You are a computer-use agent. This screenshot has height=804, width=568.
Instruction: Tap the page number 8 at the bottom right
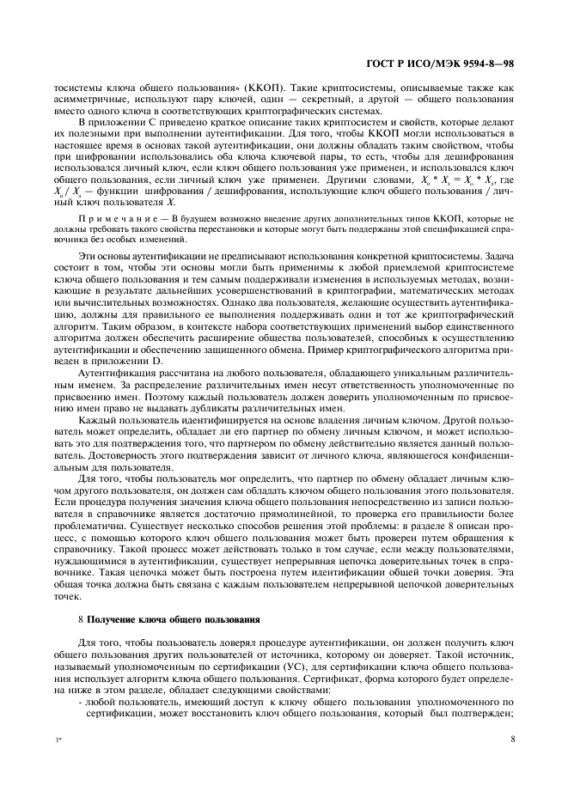511,738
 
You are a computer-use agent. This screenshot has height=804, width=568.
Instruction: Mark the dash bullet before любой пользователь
81,712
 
